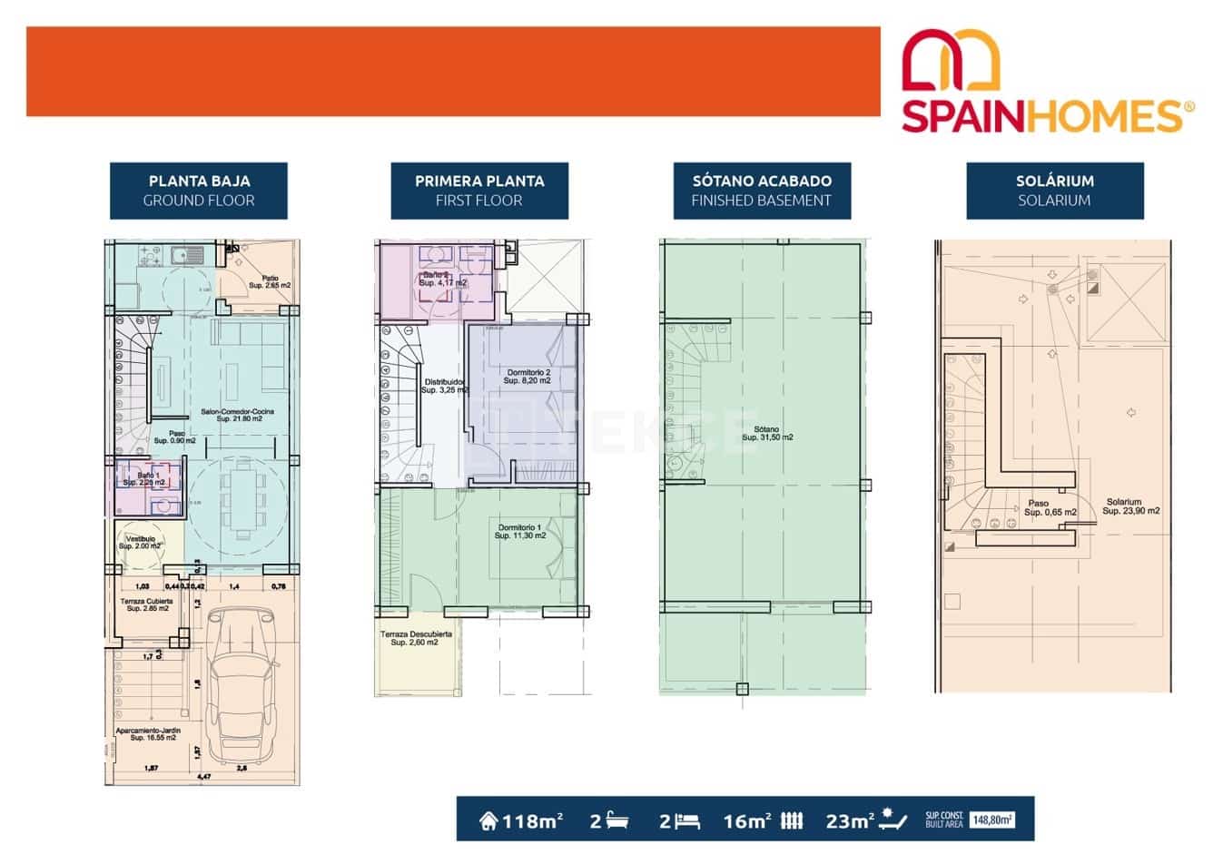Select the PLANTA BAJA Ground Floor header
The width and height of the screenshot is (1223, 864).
click(x=199, y=191)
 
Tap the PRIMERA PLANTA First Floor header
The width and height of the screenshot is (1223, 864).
click(x=478, y=191)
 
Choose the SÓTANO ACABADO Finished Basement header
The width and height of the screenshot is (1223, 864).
click(x=761, y=191)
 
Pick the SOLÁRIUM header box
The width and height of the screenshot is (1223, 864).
click(x=1053, y=191)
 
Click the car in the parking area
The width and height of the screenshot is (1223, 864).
click(x=240, y=688)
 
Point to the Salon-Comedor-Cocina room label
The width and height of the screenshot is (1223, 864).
click(x=237, y=415)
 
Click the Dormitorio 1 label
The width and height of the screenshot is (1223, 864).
click(x=519, y=532)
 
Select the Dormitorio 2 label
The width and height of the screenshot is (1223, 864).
click(x=528, y=377)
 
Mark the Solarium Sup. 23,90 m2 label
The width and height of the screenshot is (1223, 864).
click(x=1130, y=506)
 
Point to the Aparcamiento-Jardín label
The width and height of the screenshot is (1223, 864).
click(x=148, y=734)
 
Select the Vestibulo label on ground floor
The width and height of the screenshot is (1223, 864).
click(x=140, y=542)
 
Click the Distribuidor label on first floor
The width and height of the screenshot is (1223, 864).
click(x=443, y=386)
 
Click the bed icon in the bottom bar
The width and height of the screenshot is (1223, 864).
click(x=688, y=821)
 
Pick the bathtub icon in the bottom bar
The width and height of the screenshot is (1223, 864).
click(x=617, y=821)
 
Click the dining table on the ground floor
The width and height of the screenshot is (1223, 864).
click(x=241, y=498)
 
